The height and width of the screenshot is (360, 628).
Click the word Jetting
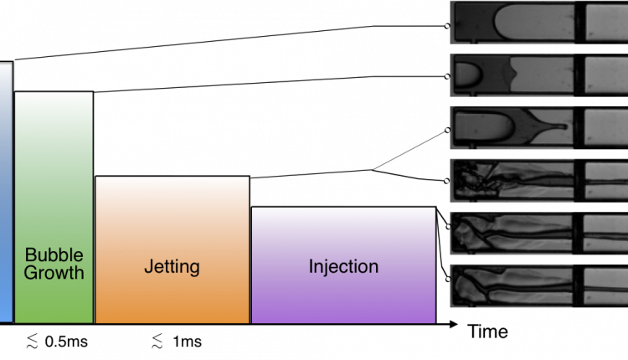172,267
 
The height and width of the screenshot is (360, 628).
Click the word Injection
343,267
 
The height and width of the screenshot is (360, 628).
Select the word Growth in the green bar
54,272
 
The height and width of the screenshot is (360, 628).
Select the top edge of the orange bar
172,178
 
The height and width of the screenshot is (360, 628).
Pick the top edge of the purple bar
343,208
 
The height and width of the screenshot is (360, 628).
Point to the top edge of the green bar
54,94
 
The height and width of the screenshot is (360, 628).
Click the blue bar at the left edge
5,193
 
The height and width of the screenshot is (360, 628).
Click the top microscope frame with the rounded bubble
512,21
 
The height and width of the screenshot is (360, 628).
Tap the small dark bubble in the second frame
466,76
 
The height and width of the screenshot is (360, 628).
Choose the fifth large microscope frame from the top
512,232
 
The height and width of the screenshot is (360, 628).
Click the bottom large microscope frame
512,285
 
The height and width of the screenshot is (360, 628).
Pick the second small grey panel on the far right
605,75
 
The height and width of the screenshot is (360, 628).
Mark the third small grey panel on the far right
605,127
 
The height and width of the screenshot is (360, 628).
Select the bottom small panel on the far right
605,285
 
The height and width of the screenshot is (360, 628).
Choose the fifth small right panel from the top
605,232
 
